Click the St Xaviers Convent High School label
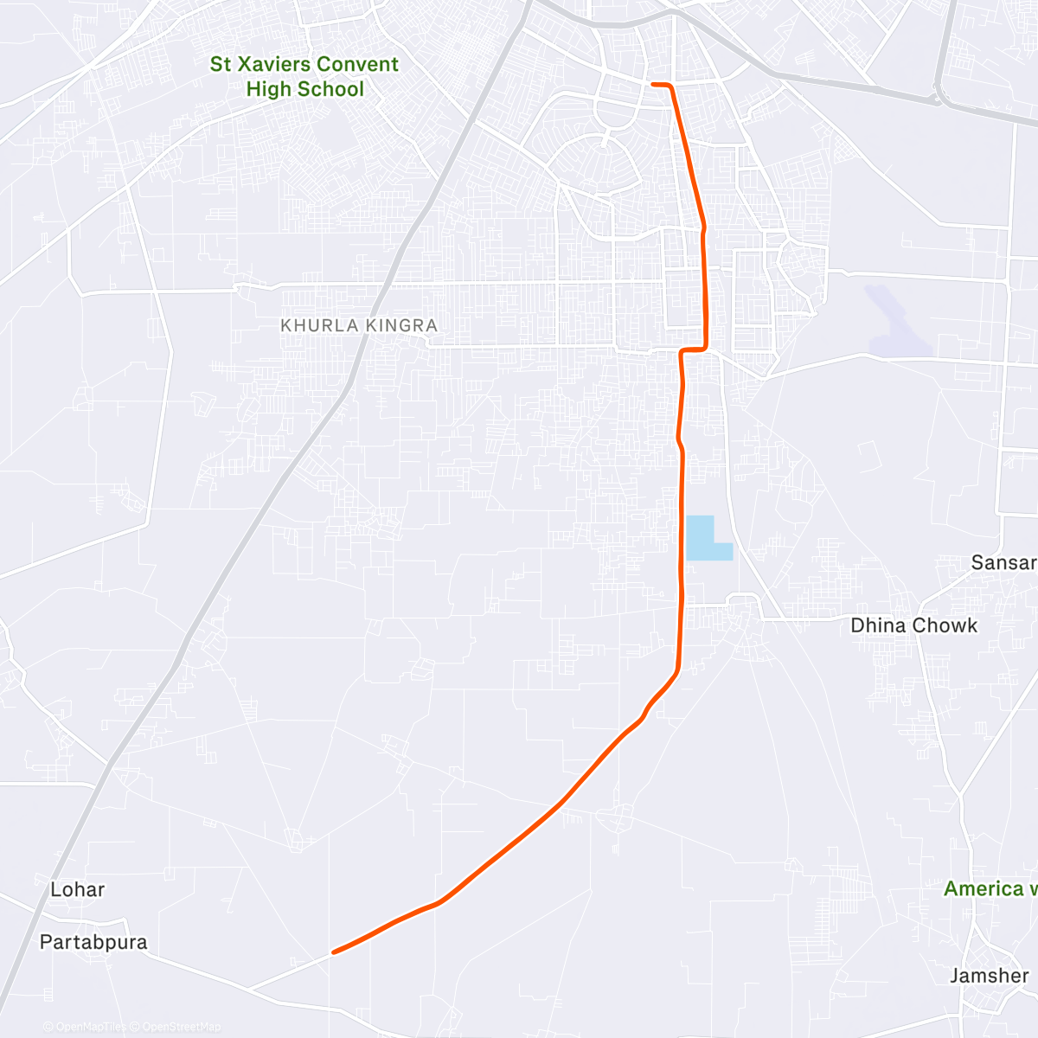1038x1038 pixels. (304, 76)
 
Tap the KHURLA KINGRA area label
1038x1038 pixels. (359, 326)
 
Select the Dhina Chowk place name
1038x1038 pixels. (913, 625)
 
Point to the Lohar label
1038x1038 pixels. (77, 889)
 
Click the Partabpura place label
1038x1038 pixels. (93, 942)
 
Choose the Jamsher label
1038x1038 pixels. (989, 976)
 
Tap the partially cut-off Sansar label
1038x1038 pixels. (1003, 562)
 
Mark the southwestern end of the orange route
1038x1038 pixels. (333, 952)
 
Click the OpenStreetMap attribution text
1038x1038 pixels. (181, 1027)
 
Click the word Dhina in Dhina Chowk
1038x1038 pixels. (877, 625)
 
